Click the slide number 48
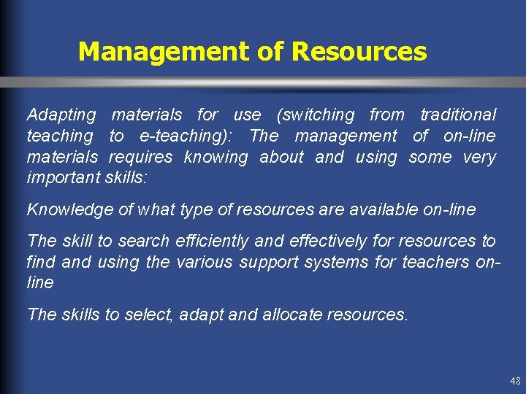click(x=515, y=381)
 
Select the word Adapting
click(x=61, y=115)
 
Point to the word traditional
click(x=458, y=115)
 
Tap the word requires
click(x=141, y=157)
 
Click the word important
click(x=61, y=178)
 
